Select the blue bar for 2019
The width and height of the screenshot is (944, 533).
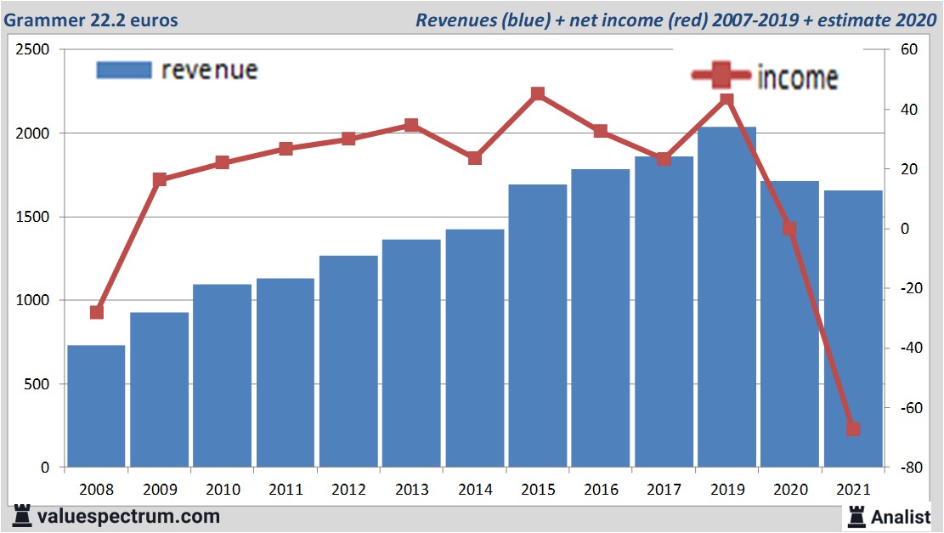[726, 298]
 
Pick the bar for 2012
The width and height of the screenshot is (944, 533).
[348, 361]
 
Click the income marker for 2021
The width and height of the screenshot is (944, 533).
[853, 429]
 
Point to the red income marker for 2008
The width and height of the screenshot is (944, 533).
[96, 312]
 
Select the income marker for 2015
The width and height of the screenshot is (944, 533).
[538, 94]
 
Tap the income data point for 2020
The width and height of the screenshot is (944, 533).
[789, 229]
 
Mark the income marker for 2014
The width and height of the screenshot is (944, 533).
[475, 158]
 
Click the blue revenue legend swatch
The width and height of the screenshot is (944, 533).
[124, 70]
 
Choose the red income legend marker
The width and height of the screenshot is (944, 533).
[721, 77]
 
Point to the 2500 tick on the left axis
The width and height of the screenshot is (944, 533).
[33, 50]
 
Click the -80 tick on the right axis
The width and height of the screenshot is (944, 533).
[902, 468]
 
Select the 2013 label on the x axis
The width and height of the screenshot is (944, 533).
[411, 490]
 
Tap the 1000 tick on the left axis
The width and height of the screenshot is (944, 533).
[33, 301]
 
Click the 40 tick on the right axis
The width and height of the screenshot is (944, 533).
[904, 110]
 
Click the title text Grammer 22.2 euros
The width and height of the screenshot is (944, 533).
[91, 20]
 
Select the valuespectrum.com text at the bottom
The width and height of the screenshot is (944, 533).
[128, 516]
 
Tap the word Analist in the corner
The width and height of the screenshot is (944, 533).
[901, 516]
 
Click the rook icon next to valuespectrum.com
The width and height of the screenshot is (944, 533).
[22, 515]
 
